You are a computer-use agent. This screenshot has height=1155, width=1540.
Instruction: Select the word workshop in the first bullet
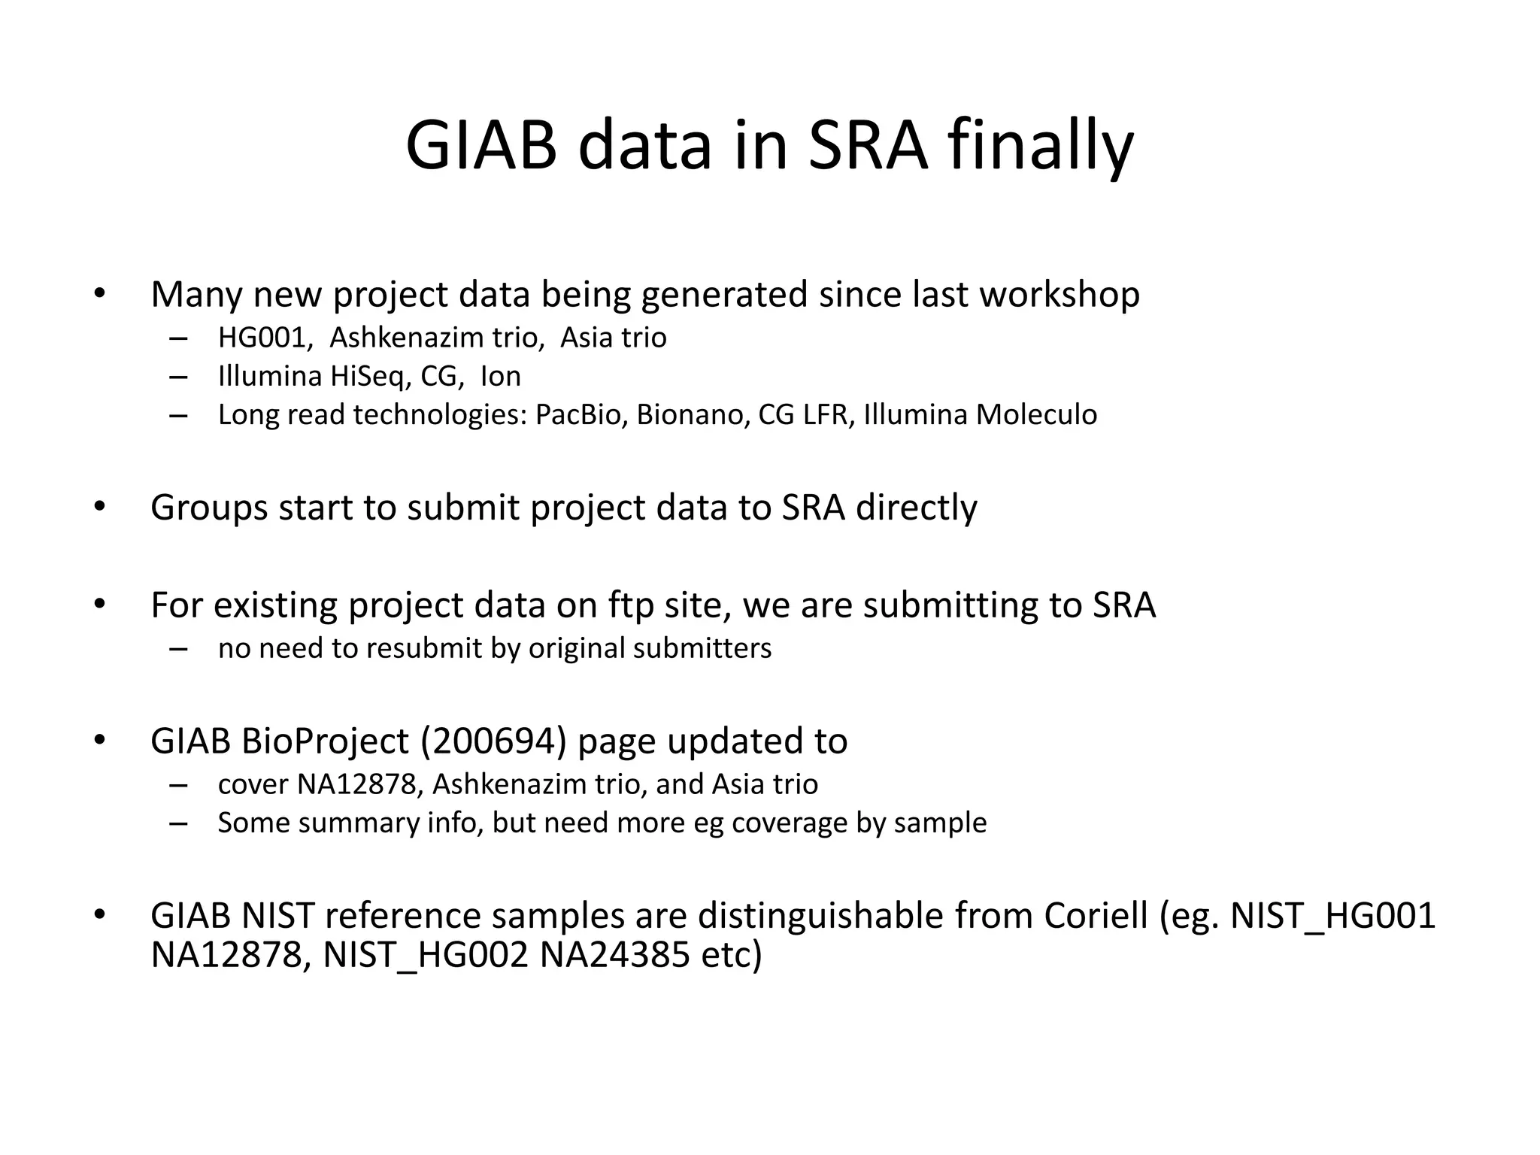coord(1060,294)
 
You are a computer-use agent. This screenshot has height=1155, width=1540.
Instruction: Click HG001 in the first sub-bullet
coord(265,338)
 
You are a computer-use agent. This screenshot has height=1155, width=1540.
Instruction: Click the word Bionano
coord(693,414)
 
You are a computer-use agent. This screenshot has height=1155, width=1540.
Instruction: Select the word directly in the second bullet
coord(917,508)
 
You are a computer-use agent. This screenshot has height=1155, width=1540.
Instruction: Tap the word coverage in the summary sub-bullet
coord(790,823)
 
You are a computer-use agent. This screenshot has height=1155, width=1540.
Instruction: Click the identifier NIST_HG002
coord(426,955)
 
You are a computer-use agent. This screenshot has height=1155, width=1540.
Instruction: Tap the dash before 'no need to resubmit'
coord(178,648)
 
